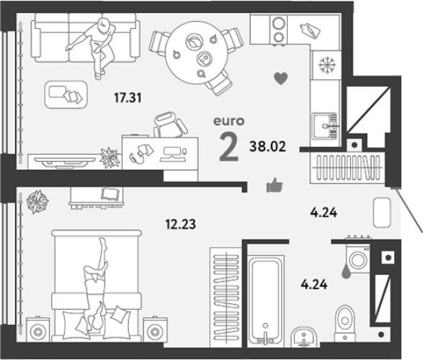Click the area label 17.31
(x=128, y=97)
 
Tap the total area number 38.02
(x=267, y=146)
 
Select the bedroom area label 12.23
(x=180, y=224)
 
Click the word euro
(x=229, y=121)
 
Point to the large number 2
(x=229, y=148)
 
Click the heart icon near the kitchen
(x=281, y=78)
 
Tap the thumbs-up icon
(x=275, y=185)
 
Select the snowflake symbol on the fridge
(x=326, y=65)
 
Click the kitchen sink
(x=325, y=126)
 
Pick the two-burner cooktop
(x=279, y=29)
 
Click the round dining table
(x=197, y=53)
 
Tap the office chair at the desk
(x=169, y=124)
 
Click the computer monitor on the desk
(x=172, y=155)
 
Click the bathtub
(x=266, y=301)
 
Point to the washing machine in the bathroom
(x=358, y=259)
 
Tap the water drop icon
(x=346, y=273)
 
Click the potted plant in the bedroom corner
(x=37, y=202)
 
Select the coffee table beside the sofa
(x=66, y=94)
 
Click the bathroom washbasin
(x=304, y=337)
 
